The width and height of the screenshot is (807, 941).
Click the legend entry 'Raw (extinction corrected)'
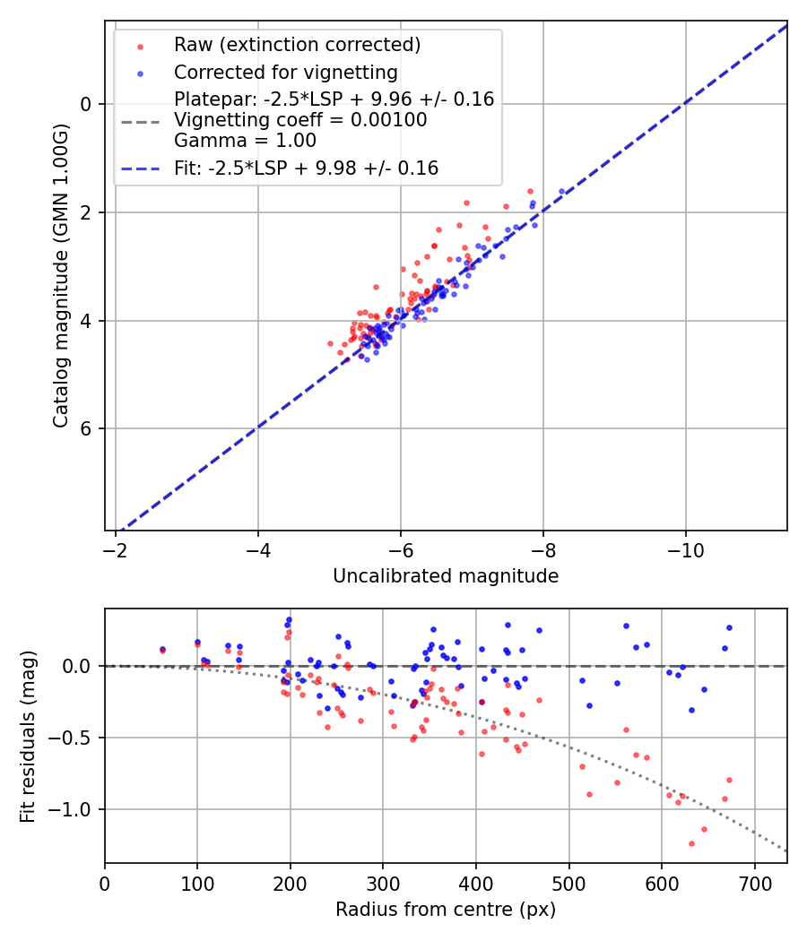297,45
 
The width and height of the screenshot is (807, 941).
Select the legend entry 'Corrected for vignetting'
285,72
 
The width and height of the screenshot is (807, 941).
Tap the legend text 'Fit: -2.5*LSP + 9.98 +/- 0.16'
306,168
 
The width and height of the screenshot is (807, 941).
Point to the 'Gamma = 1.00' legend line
245,140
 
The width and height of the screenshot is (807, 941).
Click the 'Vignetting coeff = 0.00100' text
300,120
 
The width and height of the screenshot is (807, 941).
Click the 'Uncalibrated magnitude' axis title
446,576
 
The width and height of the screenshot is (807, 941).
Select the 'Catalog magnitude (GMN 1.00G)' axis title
61,275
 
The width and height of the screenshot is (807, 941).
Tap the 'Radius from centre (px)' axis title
446,910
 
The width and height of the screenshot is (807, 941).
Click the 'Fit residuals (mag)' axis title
28,736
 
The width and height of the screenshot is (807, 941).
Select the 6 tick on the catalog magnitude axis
87,429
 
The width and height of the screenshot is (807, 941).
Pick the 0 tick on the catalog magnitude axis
87,104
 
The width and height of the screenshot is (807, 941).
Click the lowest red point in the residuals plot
691,843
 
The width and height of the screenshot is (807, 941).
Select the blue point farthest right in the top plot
562,191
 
